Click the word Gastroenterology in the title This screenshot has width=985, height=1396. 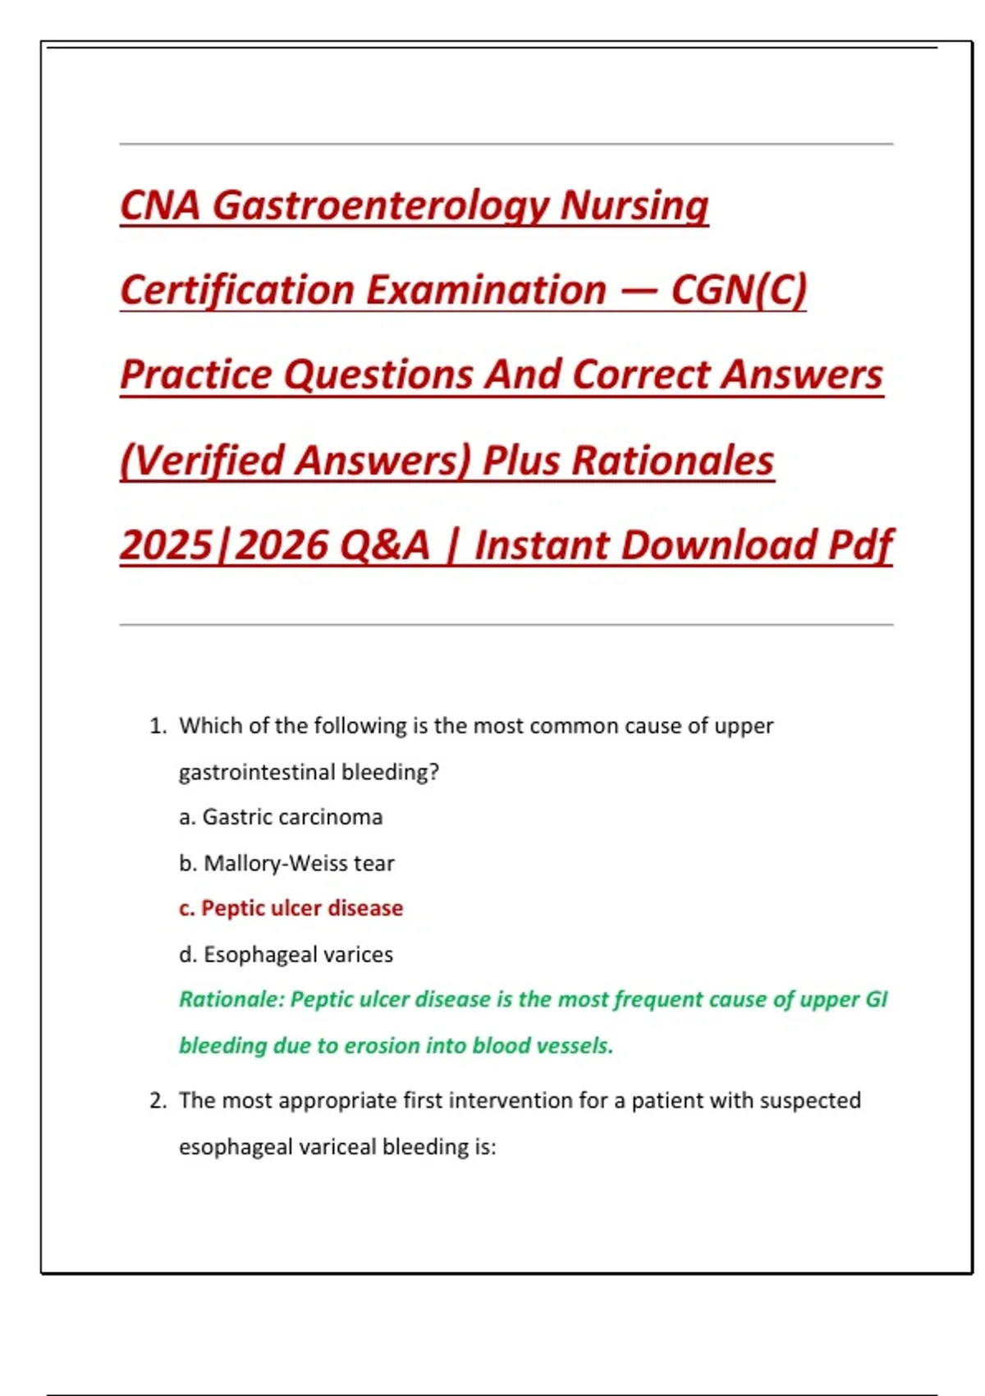click(380, 205)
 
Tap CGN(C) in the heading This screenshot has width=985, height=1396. click(739, 290)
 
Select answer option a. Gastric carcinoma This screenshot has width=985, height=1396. click(281, 817)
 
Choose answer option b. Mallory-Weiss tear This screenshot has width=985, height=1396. click(286, 863)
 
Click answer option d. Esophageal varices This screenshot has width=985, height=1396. click(286, 954)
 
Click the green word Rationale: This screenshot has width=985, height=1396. click(231, 999)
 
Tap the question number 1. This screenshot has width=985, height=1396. click(157, 726)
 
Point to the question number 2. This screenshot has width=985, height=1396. click(157, 1100)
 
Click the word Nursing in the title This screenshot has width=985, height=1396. click(634, 205)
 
